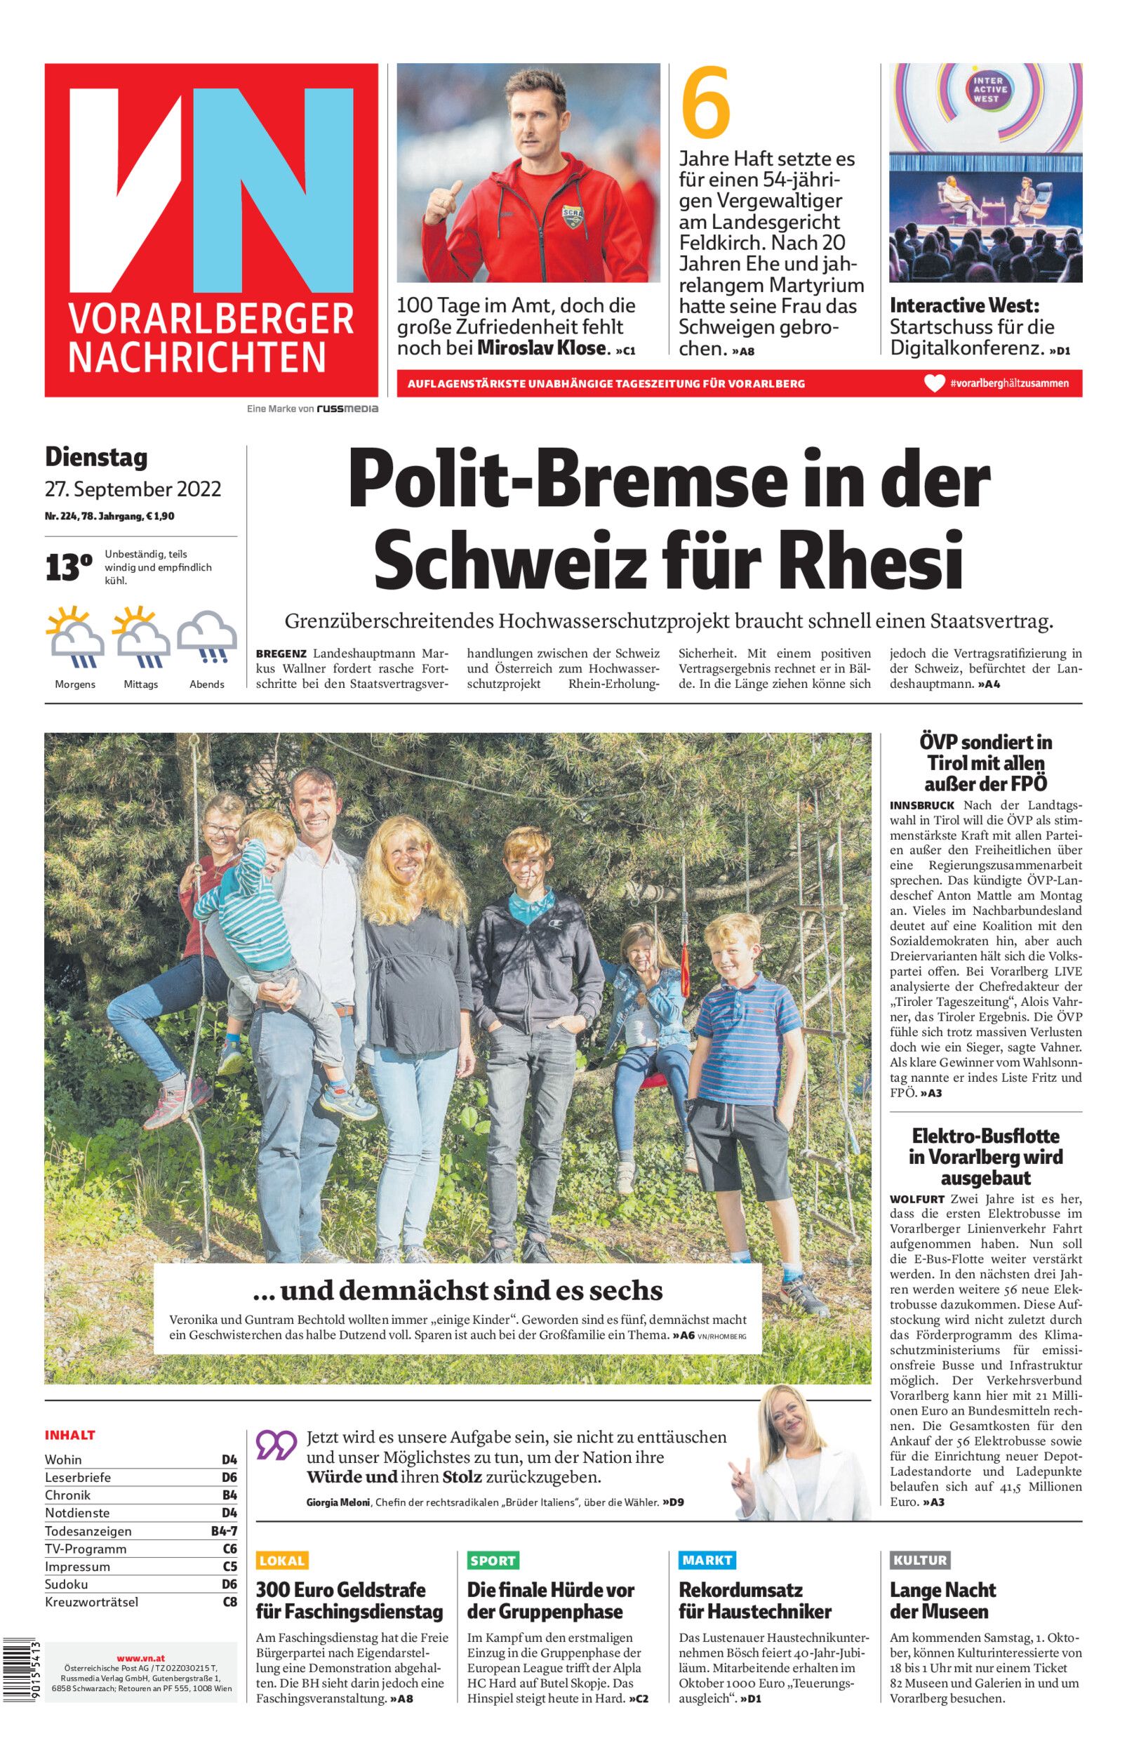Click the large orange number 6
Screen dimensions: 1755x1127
(705, 102)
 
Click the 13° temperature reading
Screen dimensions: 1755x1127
(69, 568)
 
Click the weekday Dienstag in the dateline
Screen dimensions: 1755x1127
(96, 458)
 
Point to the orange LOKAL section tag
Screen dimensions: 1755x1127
(282, 1561)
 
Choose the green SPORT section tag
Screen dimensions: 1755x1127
(493, 1561)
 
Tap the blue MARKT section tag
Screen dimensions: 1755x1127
(706, 1560)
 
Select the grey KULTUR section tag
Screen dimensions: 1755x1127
(919, 1561)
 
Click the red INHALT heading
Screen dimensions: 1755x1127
(70, 1435)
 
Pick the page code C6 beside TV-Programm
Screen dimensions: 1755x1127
(229, 1549)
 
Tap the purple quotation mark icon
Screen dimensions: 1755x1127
(276, 1445)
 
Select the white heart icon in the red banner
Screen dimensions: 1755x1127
(935, 383)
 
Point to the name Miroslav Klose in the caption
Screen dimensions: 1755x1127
(542, 348)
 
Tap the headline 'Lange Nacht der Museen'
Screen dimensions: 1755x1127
(942, 1601)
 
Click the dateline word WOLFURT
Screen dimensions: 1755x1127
(918, 1200)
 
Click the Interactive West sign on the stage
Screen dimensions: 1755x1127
(985, 90)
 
